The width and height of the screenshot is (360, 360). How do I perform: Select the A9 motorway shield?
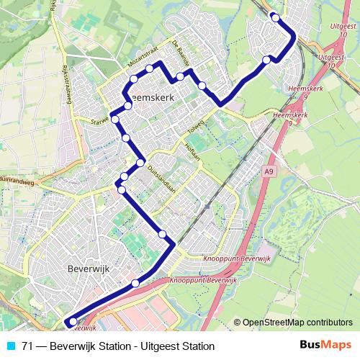pyautogui.click(x=269, y=171)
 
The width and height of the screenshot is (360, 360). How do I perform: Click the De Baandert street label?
pyautogui.click(x=181, y=53)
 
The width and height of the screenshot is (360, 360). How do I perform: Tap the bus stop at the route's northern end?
pyautogui.click(x=275, y=17)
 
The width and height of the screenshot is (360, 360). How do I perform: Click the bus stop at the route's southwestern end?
pyautogui.click(x=72, y=322)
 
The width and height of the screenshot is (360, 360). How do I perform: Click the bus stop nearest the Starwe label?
pyautogui.click(x=114, y=117)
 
